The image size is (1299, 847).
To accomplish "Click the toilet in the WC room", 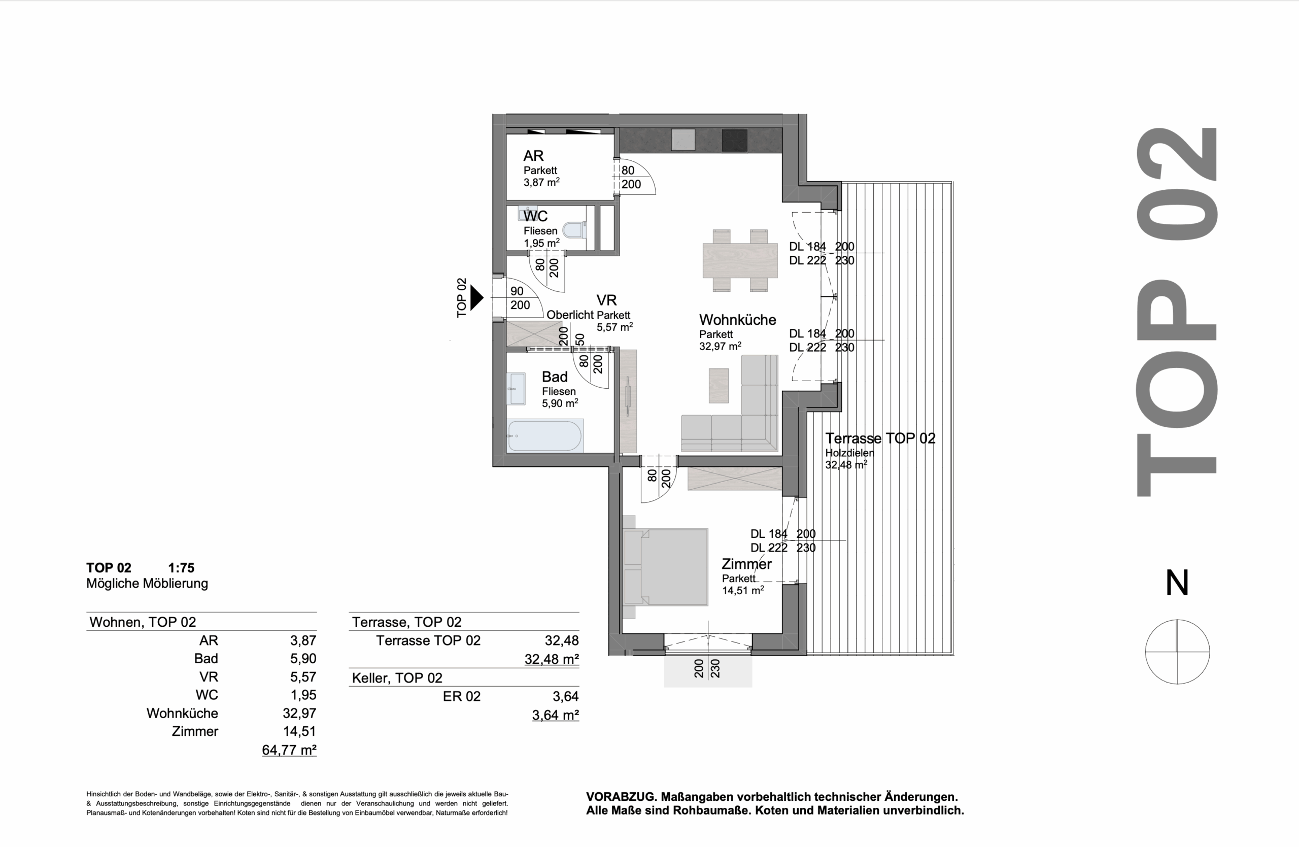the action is [574, 230].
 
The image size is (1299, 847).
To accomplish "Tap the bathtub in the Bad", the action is [544, 435].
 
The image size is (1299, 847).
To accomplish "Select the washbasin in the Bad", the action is [516, 389].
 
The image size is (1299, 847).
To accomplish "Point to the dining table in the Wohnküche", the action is [739, 260].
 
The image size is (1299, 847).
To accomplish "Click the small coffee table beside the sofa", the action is [719, 385].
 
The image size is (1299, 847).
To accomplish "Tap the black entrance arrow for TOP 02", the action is [477, 298].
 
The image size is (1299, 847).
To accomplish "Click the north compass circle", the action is [1177, 652].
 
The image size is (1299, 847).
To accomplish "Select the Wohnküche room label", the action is [737, 320].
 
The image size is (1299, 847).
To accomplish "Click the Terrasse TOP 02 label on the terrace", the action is [880, 438].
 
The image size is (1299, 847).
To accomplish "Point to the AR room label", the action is [533, 156].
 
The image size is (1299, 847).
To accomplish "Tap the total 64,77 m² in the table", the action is [289, 750].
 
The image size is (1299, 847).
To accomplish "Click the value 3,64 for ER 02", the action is [565, 696].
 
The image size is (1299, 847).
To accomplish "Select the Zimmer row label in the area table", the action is [195, 731].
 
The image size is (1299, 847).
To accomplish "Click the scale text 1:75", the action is [181, 567].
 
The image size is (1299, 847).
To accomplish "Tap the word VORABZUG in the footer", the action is [621, 797].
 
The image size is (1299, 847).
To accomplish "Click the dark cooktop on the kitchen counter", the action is [734, 140].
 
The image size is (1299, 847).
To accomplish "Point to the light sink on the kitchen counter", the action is [683, 140].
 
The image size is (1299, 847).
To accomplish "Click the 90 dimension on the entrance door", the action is [517, 291].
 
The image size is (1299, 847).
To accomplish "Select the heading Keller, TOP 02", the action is [397, 678].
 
